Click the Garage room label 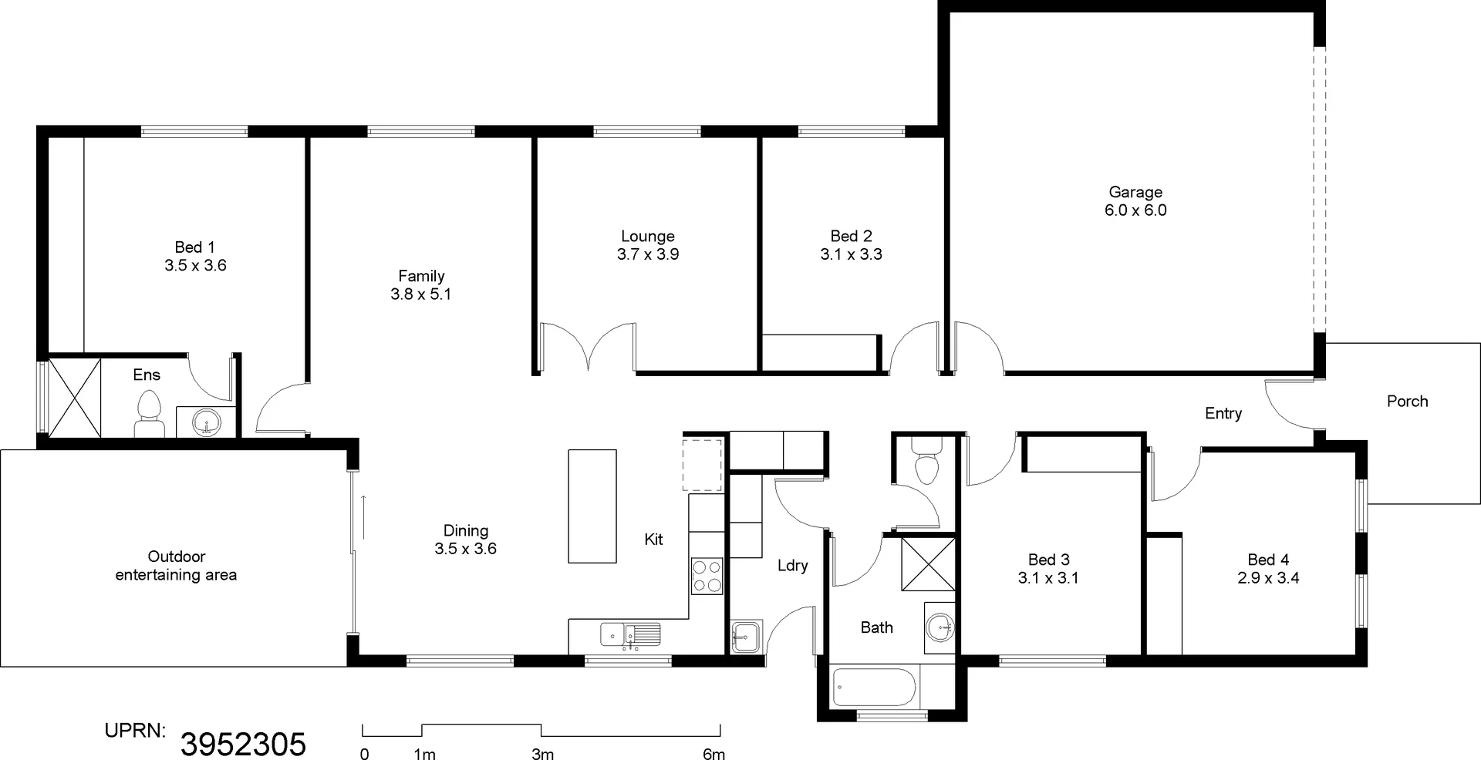pyautogui.click(x=1135, y=193)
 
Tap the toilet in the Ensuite pyautogui.click(x=149, y=415)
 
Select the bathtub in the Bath pyautogui.click(x=874, y=687)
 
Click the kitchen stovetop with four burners pyautogui.click(x=707, y=576)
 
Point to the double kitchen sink pyautogui.click(x=630, y=635)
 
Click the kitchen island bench pyautogui.click(x=592, y=506)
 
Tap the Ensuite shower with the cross pyautogui.click(x=75, y=397)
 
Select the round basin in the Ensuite pyautogui.click(x=206, y=422)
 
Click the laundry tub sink pyautogui.click(x=745, y=637)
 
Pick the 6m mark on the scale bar pyautogui.click(x=714, y=755)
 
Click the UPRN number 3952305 pyautogui.click(x=243, y=745)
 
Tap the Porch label pyautogui.click(x=1407, y=401)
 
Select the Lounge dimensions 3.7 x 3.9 pyautogui.click(x=648, y=254)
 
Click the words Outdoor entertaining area pyautogui.click(x=176, y=566)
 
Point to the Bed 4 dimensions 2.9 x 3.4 pyautogui.click(x=1268, y=578)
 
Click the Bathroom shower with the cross pyautogui.click(x=928, y=564)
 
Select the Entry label pyautogui.click(x=1223, y=414)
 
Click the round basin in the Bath pyautogui.click(x=940, y=627)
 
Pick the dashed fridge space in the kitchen pyautogui.click(x=703, y=465)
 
